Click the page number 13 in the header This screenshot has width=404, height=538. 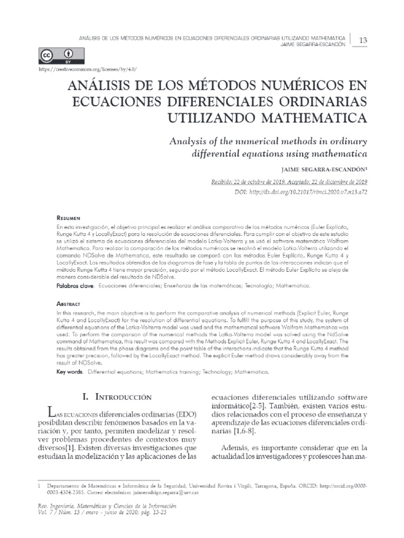tap(362, 40)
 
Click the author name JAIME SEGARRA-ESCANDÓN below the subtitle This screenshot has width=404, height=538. tap(325, 170)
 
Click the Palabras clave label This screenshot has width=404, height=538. tap(75, 286)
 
